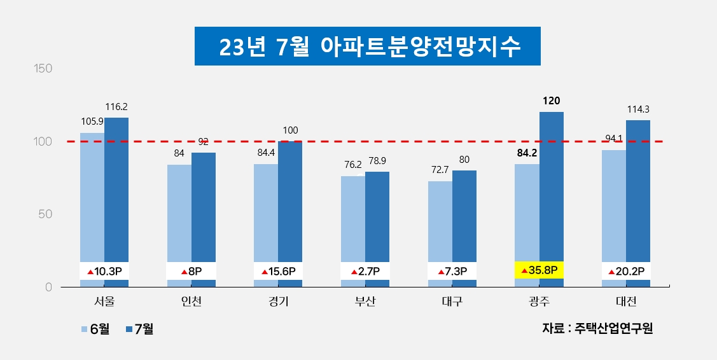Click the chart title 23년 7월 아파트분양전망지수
(367, 46)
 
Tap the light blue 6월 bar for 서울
(92, 197)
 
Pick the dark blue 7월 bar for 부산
(377, 216)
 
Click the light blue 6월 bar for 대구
(440, 223)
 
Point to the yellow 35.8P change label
(539, 270)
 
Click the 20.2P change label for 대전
(625, 272)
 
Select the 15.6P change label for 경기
(277, 272)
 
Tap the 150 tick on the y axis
(42, 68)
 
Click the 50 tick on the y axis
(45, 214)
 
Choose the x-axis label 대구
(451, 301)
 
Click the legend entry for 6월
(95, 329)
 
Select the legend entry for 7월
(139, 329)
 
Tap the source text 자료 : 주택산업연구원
(597, 328)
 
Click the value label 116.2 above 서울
(116, 107)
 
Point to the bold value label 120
(551, 100)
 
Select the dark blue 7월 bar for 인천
(204, 210)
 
